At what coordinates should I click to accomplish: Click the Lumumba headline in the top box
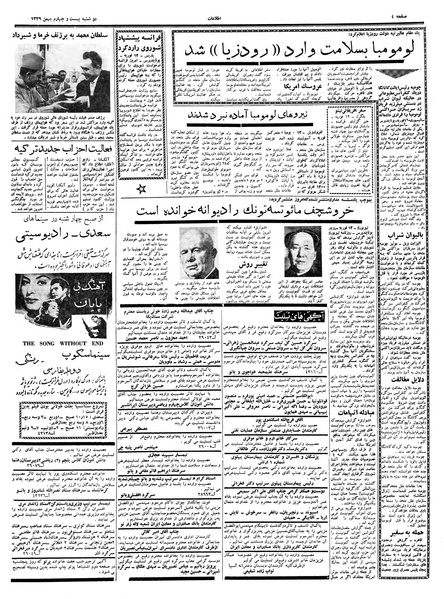point(284,50)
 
